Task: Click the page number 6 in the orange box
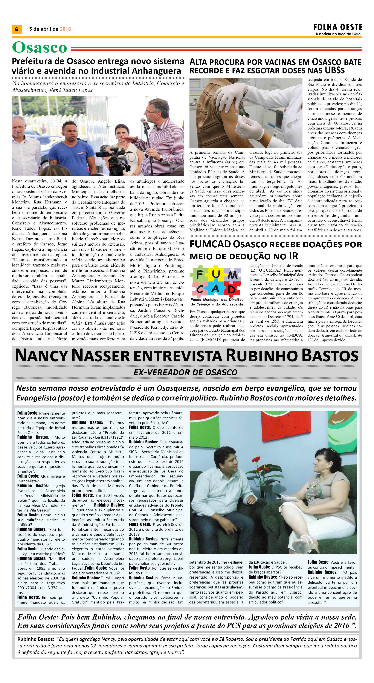click(17, 29)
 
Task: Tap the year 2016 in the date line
click(65, 29)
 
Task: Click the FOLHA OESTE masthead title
click(338, 27)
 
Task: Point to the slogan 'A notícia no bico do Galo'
click(338, 34)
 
